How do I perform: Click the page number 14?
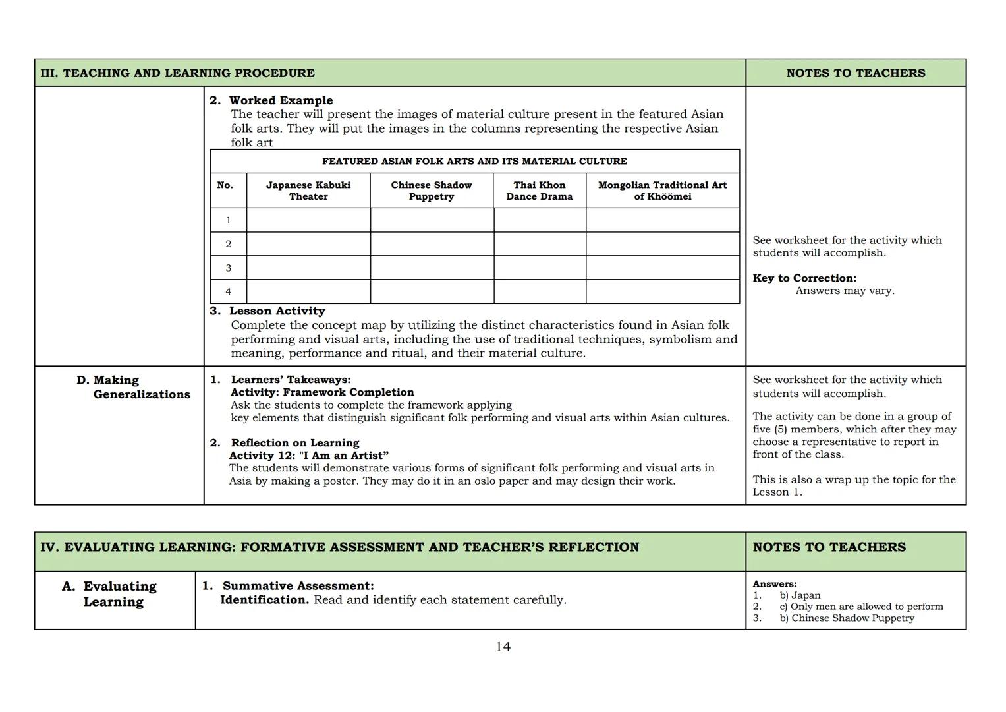[503, 647]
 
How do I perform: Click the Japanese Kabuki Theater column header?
[308, 191]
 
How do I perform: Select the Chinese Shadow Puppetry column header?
[431, 191]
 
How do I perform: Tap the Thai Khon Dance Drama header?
[539, 191]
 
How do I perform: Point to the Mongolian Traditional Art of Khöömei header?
[662, 191]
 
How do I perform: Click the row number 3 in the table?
[228, 268]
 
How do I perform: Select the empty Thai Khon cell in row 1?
[540, 220]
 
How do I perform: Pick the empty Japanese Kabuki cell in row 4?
[308, 291]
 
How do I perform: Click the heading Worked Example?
[281, 100]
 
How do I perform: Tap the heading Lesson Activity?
[277, 311]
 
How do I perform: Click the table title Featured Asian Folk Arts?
[474, 161]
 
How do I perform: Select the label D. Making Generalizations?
[134, 387]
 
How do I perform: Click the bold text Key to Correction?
[804, 278]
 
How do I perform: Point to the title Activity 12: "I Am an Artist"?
[308, 455]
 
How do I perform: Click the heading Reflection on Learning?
[294, 442]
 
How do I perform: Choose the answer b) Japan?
[800, 595]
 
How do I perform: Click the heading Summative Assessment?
[298, 585]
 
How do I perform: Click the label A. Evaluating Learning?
[113, 593]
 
